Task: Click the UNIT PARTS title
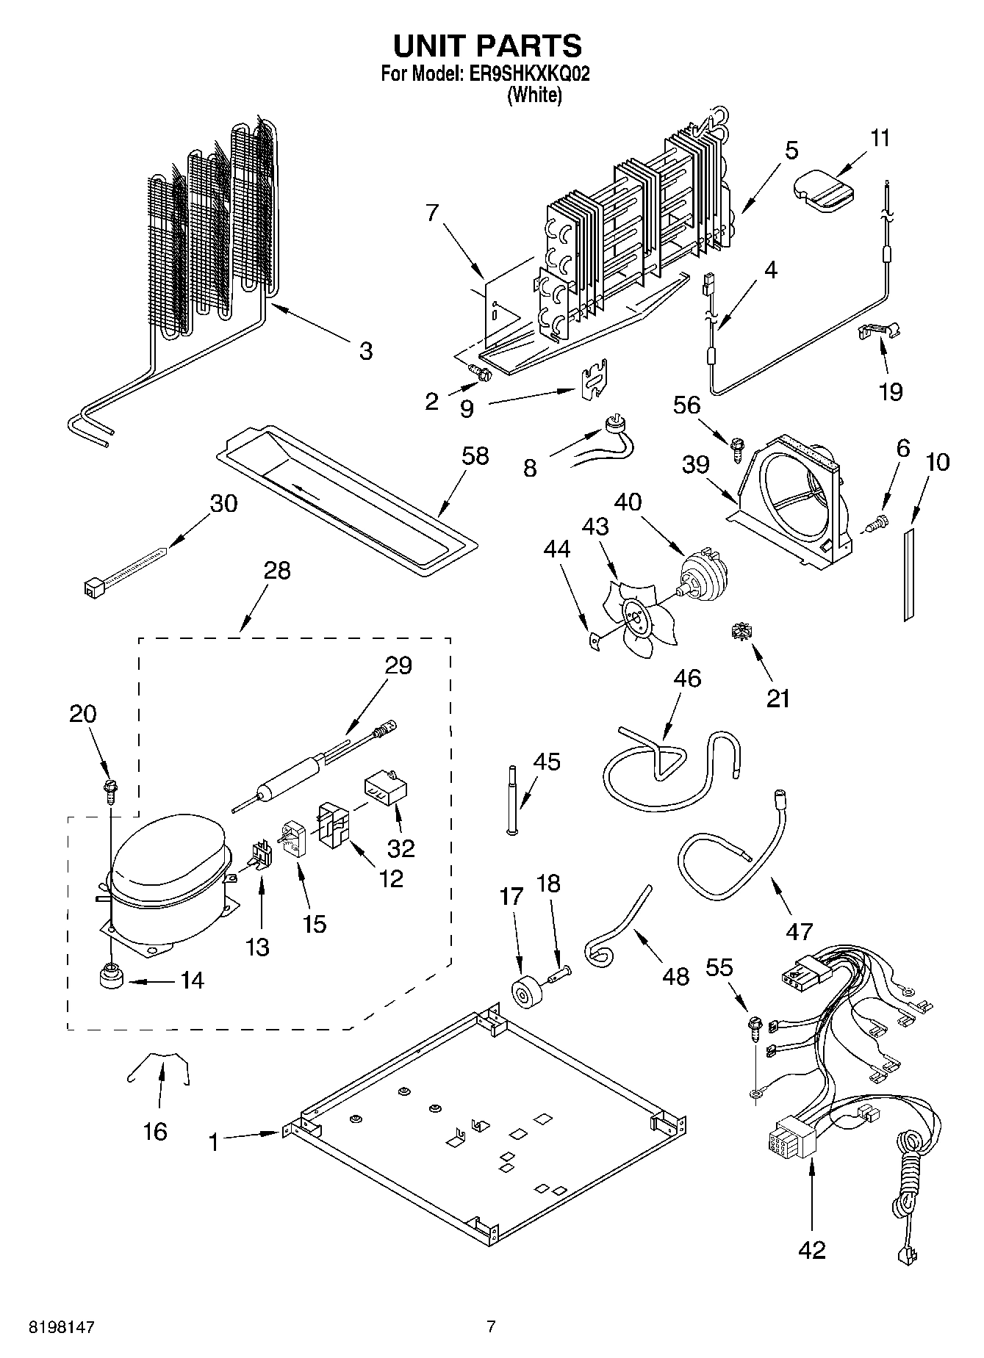486,46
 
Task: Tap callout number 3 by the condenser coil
365,351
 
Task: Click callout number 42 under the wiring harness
811,1249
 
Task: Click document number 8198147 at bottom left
62,1327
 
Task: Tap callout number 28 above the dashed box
277,570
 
